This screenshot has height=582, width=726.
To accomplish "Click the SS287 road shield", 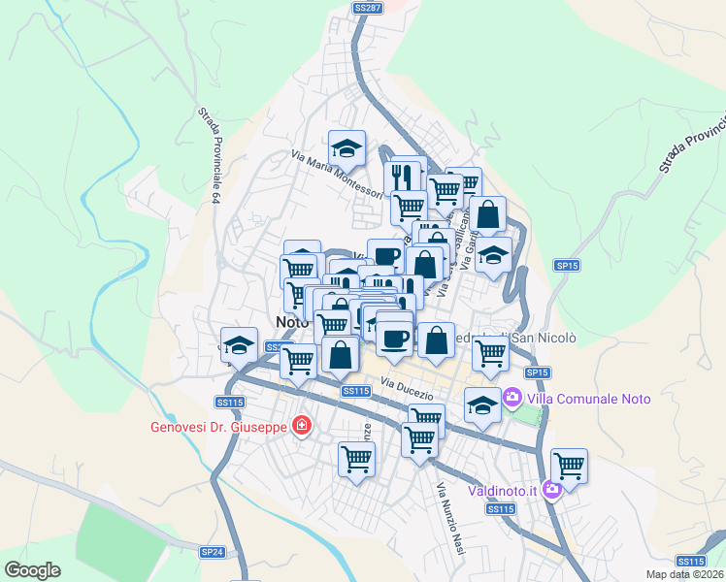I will (x=368, y=8).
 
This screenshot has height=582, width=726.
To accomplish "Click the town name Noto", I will (x=291, y=321).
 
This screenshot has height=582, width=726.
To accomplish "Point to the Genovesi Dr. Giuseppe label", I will (x=218, y=426).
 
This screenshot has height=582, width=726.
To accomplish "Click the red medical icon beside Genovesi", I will (x=302, y=426).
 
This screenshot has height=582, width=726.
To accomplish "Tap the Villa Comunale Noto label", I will (x=588, y=398).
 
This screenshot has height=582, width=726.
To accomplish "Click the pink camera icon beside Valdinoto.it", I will (x=552, y=490).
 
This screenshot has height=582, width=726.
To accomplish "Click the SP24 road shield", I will (x=212, y=552).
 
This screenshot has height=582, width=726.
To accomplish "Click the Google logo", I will (x=32, y=570).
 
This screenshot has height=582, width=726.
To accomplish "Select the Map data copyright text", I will (x=683, y=574).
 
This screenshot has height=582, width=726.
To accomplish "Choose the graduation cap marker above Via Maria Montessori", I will (x=346, y=148).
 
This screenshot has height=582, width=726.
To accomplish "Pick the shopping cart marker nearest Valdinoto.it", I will (x=568, y=466).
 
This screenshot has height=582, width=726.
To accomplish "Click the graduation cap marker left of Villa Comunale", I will (x=481, y=404).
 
